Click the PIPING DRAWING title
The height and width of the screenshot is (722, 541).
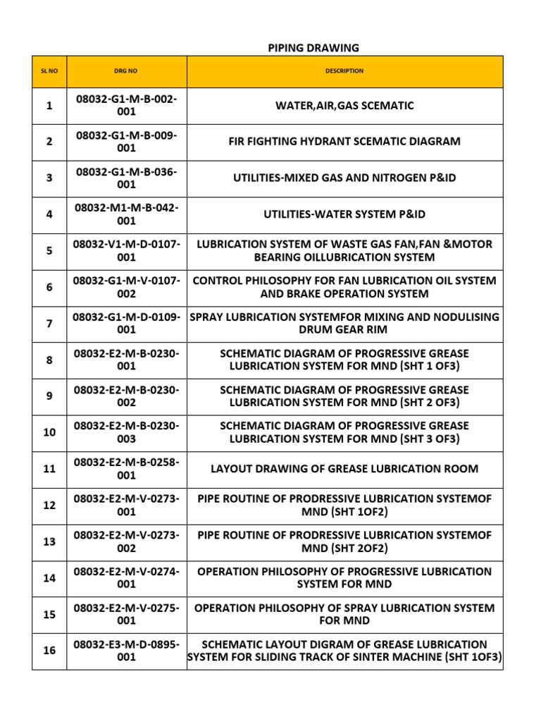(x=313, y=48)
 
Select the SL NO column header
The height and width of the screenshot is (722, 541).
(x=49, y=71)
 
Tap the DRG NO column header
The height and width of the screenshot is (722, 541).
(x=127, y=71)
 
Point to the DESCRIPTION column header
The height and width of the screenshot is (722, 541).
(x=344, y=71)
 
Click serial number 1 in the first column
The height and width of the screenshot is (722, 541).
(x=49, y=106)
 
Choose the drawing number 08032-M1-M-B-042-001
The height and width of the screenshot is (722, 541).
(x=127, y=214)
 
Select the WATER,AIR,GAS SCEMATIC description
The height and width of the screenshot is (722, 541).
(x=344, y=106)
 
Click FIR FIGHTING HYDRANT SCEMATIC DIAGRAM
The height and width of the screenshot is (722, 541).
(x=344, y=141)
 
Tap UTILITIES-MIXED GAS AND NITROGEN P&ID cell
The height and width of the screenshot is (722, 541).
(x=344, y=178)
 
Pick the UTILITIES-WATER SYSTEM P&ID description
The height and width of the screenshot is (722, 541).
(x=344, y=214)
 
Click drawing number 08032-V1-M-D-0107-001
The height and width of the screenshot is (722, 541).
(x=127, y=251)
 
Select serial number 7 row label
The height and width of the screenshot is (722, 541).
(x=49, y=324)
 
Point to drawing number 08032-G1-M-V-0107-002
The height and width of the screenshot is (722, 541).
(x=127, y=287)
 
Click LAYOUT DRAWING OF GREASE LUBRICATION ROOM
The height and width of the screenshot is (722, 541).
(x=344, y=468)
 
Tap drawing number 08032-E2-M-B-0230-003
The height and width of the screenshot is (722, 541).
(x=127, y=432)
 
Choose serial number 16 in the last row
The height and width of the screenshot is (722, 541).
(x=49, y=651)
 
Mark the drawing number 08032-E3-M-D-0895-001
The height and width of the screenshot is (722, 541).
(x=127, y=651)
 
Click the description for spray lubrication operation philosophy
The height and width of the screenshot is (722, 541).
(x=344, y=614)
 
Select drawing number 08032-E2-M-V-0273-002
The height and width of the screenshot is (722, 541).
(x=127, y=541)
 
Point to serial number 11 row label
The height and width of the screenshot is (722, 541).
(x=49, y=468)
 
